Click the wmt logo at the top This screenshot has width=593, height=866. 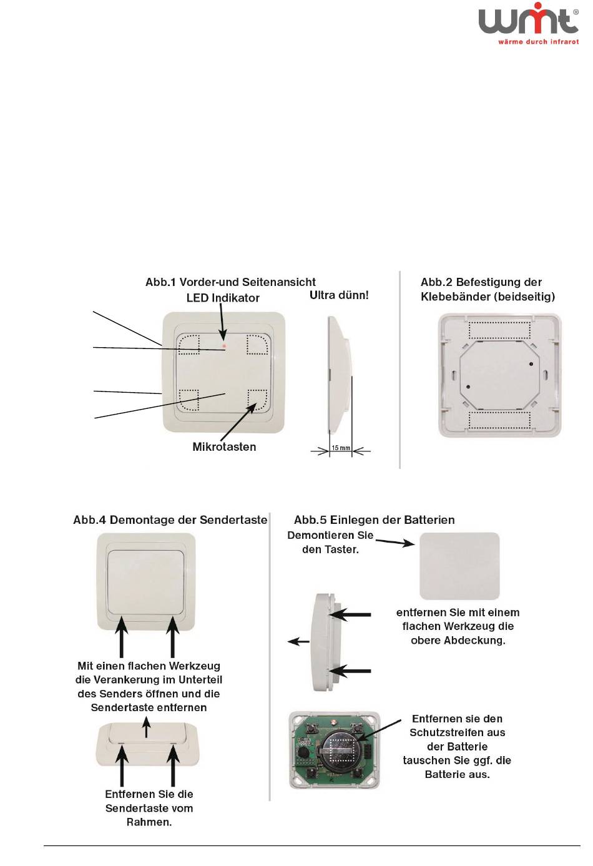[528, 23]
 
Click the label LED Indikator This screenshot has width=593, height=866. [223, 298]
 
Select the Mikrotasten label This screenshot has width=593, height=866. [224, 447]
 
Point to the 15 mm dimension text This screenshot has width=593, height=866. [341, 448]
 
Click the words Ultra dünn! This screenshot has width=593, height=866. [339, 295]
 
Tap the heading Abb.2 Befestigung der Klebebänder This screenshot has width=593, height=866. [488, 289]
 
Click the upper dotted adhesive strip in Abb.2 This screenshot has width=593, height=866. [499, 330]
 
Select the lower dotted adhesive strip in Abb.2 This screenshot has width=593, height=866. [499, 420]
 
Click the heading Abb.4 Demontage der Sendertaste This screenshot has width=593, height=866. [170, 520]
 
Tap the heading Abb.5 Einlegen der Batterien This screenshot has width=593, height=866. [374, 520]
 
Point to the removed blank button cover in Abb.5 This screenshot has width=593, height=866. [459, 566]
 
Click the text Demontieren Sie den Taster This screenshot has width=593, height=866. [330, 543]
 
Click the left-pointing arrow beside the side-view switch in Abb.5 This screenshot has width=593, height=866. [298, 642]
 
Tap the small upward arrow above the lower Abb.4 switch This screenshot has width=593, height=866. [146, 727]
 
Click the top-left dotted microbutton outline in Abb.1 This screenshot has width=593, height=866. [189, 345]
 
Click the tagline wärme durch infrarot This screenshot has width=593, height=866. [539, 41]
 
